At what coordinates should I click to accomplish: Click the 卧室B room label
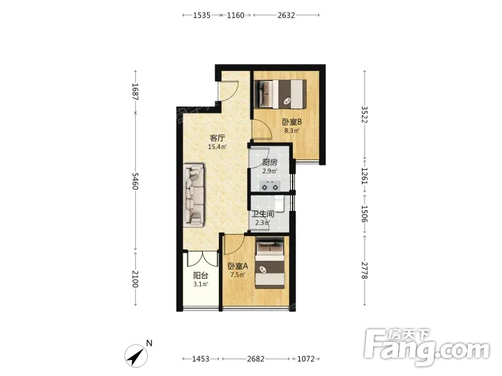click(291, 122)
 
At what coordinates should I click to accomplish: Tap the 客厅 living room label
click(218, 138)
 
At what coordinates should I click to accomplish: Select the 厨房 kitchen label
click(270, 162)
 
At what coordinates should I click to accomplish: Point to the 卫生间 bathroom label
click(263, 214)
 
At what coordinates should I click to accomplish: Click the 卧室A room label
click(238, 266)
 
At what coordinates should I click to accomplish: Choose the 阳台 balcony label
click(201, 275)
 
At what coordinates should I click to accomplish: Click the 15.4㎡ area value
click(218, 147)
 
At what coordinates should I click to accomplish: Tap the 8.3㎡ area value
click(292, 130)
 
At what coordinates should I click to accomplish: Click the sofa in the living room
click(194, 196)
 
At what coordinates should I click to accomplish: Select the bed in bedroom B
click(280, 94)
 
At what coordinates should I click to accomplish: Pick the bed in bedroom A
click(270, 263)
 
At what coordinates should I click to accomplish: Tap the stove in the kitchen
click(270, 186)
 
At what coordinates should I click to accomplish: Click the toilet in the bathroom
click(280, 203)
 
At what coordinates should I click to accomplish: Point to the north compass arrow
click(137, 356)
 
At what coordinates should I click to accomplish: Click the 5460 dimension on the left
click(135, 181)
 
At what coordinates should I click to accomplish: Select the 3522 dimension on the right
click(365, 114)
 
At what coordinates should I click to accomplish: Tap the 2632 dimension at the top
click(286, 15)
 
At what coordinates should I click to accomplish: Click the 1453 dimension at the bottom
click(201, 359)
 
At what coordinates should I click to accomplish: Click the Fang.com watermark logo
click(427, 347)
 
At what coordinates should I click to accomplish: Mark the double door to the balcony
click(202, 258)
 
